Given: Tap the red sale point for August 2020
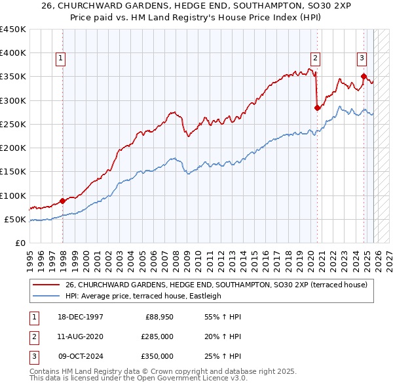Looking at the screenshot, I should pos(317,108).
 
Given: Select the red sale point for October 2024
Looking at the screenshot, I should pos(364,77).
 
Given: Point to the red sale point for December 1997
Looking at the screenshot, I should pos(63,201).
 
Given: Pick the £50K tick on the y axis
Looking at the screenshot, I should pos(15,220).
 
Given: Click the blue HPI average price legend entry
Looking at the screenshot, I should pos(143,296).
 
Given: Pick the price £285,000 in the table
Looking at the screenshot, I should pos(157,336).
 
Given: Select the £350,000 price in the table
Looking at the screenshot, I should pos(157,356).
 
